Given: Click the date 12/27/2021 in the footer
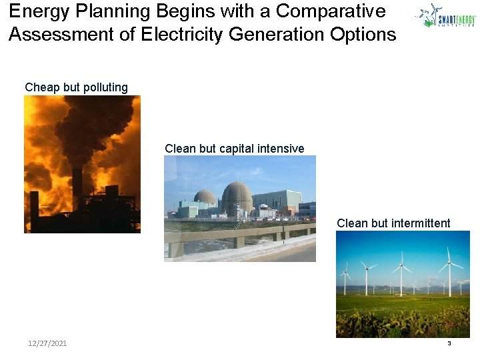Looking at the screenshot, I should [x=47, y=343].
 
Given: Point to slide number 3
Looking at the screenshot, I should [x=449, y=343].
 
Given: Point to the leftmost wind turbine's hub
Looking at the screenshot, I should [x=345, y=273].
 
